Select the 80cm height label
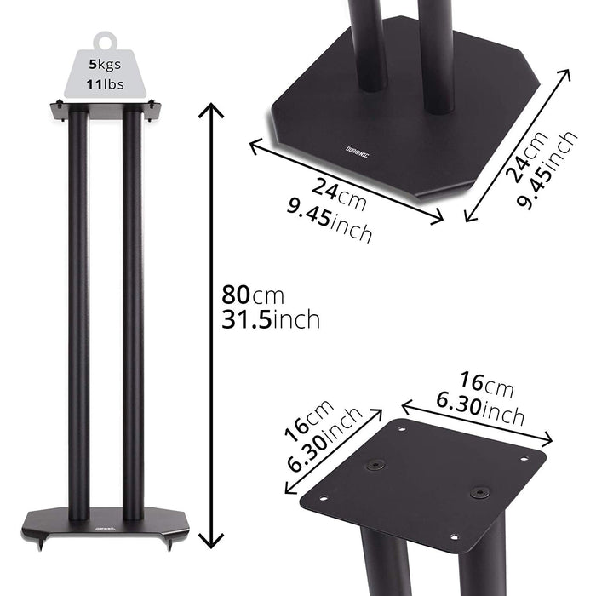(253, 296)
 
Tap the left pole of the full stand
(78, 315)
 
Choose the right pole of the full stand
(132, 315)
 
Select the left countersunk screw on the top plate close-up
(375, 465)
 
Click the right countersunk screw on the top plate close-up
(480, 492)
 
